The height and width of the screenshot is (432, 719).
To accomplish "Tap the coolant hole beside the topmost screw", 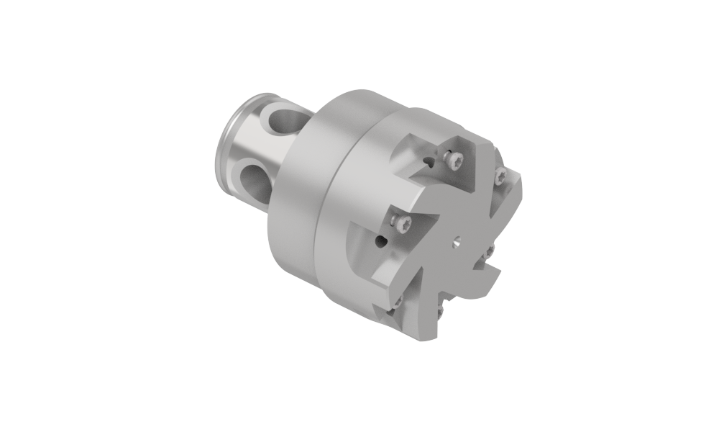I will click(x=429, y=163).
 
